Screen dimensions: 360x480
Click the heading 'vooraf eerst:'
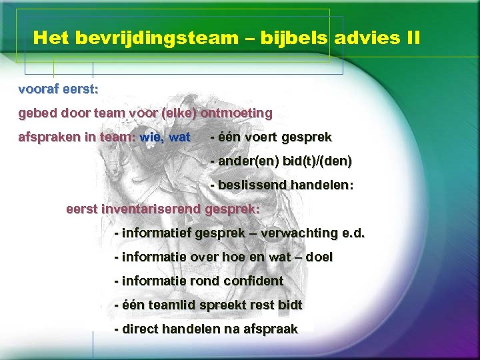click(x=59, y=89)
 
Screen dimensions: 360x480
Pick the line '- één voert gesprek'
click(x=271, y=137)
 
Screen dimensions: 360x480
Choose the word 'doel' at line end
click(x=319, y=257)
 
